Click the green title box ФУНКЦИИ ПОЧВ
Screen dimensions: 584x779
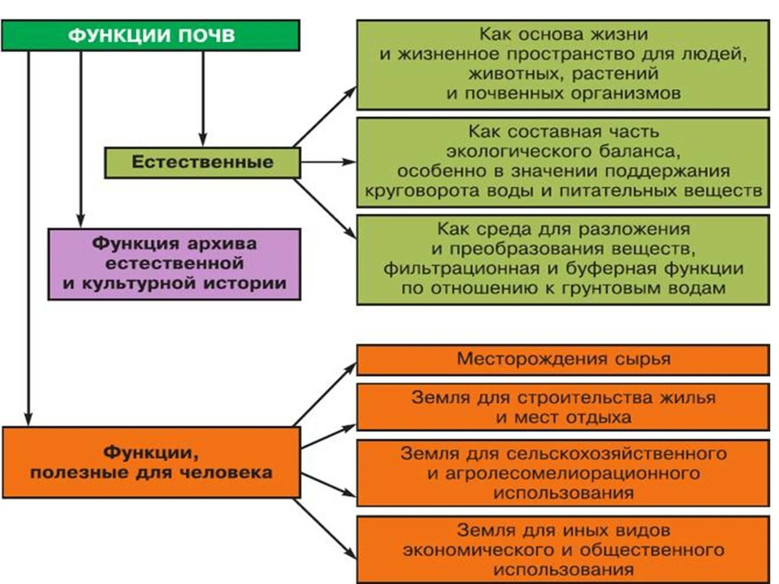pyautogui.click(x=150, y=35)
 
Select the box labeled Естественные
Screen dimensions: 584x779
pyautogui.click(x=202, y=162)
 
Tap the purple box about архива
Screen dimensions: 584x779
pyautogui.click(x=174, y=264)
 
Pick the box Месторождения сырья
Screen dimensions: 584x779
pyautogui.click(x=563, y=359)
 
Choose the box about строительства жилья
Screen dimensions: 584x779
pyautogui.click(x=563, y=407)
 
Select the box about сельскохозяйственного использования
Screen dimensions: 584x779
pyautogui.click(x=563, y=473)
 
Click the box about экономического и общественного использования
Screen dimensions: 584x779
pyautogui.click(x=563, y=549)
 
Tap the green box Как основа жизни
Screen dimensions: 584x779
pyautogui.click(x=563, y=64)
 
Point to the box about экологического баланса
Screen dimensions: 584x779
pyautogui.click(x=563, y=161)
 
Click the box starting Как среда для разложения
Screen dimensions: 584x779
pyautogui.click(x=563, y=259)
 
